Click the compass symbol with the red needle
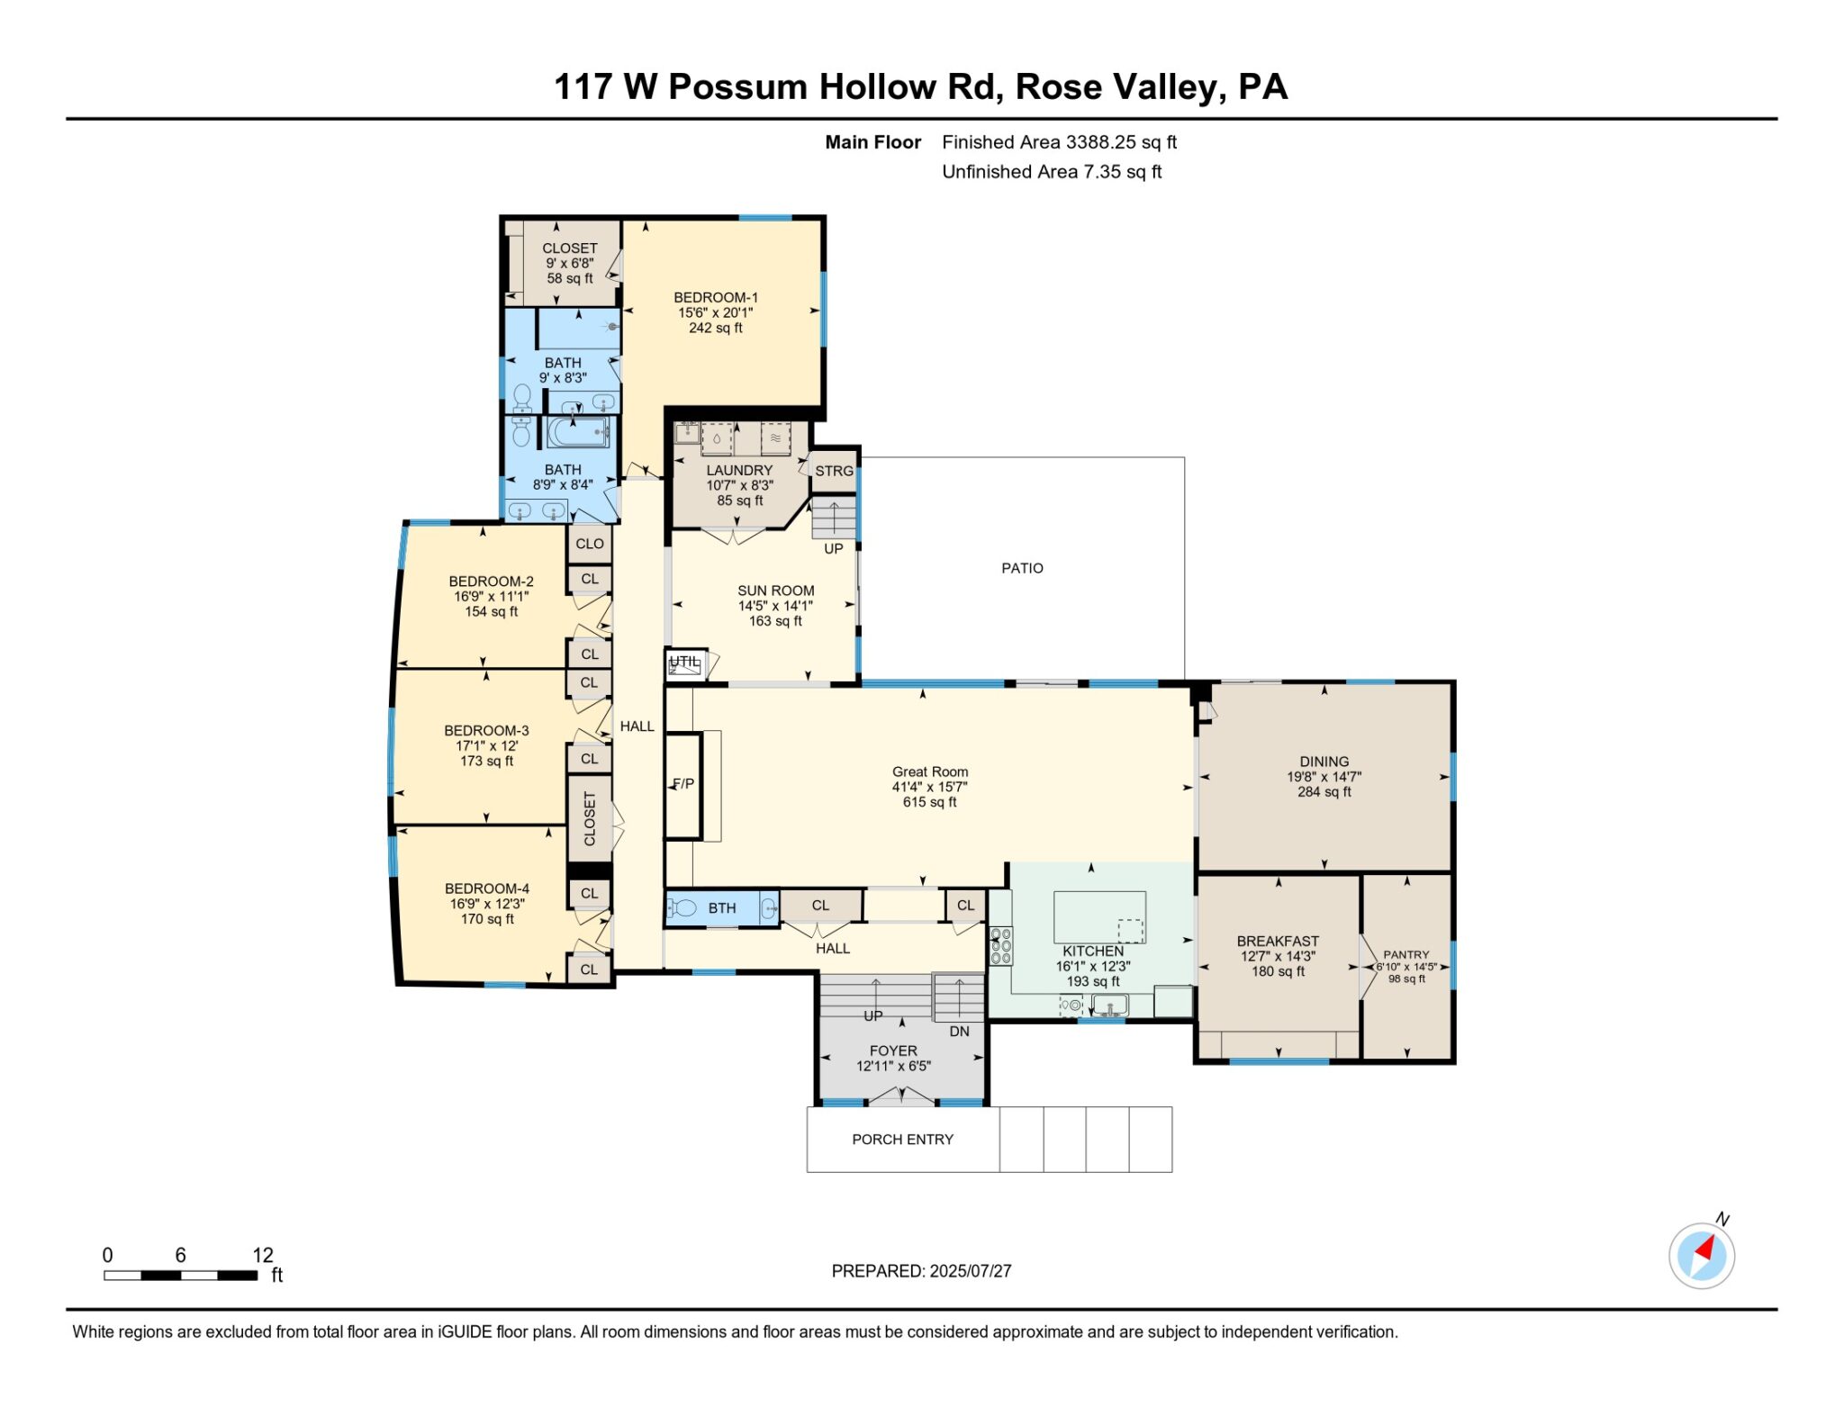click(1701, 1255)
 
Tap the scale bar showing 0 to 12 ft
click(181, 1275)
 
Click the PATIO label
click(1022, 568)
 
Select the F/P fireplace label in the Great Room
click(683, 784)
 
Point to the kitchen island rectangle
click(1099, 916)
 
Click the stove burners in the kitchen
click(1000, 946)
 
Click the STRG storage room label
click(834, 471)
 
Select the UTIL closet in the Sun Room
click(685, 663)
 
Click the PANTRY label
click(1406, 954)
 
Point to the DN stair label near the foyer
click(959, 1032)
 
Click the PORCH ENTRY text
click(902, 1140)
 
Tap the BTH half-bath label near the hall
click(721, 908)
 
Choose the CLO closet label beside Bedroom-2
click(590, 544)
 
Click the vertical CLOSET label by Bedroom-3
click(590, 818)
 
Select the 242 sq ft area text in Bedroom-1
click(716, 329)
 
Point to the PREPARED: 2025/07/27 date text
click(921, 1271)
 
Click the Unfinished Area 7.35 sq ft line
click(1051, 172)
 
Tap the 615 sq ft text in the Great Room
click(929, 802)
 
